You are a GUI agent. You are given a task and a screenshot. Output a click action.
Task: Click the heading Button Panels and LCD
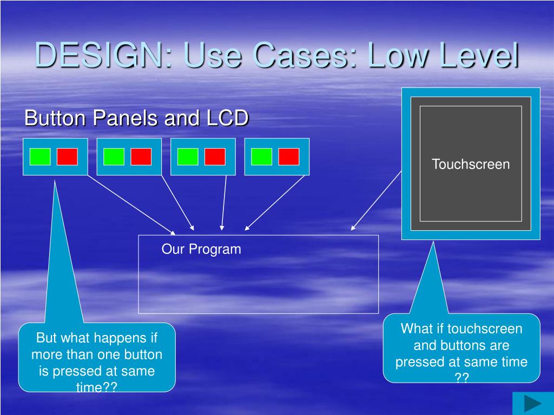click(x=136, y=118)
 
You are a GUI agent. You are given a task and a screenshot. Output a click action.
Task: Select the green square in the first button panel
click(x=40, y=157)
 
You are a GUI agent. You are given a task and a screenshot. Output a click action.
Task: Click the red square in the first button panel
click(x=67, y=157)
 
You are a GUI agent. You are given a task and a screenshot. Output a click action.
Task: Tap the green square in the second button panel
click(x=114, y=157)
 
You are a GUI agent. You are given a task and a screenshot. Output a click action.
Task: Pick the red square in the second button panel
click(x=141, y=157)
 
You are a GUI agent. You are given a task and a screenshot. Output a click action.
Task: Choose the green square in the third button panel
click(x=188, y=157)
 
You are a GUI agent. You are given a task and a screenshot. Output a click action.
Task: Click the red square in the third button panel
click(x=215, y=157)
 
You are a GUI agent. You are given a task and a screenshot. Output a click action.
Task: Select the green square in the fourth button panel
click(x=262, y=157)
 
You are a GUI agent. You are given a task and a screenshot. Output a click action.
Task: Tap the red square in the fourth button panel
click(x=289, y=157)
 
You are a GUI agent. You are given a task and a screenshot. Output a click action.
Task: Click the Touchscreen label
click(x=471, y=164)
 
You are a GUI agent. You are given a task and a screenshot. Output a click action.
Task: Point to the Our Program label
click(x=201, y=249)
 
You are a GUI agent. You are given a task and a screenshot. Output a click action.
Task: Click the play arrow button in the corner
click(x=532, y=403)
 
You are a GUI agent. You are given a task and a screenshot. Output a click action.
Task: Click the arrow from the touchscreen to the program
click(x=377, y=200)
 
